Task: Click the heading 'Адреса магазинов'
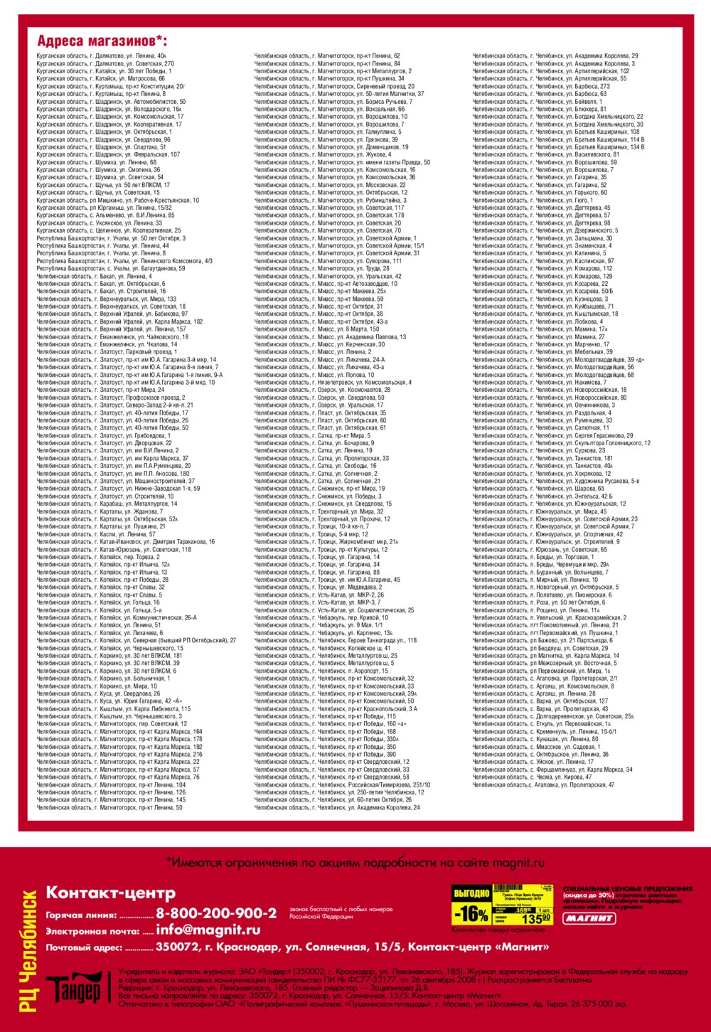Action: click(102, 41)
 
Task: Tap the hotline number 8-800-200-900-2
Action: click(216, 913)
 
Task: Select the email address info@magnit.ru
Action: click(208, 930)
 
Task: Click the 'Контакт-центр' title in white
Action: click(110, 893)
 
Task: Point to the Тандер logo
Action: click(73, 989)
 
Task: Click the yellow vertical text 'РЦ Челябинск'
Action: click(30, 949)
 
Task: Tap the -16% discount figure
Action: click(471, 913)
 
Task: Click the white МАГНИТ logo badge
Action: click(589, 917)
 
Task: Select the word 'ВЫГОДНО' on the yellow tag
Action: click(471, 893)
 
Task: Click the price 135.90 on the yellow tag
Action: click(537, 918)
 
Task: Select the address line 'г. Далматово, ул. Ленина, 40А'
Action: click(101, 55)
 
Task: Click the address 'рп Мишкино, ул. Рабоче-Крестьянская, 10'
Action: click(118, 201)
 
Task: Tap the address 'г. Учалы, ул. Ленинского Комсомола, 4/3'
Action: click(124, 261)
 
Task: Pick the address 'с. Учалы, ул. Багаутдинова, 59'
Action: click(111, 269)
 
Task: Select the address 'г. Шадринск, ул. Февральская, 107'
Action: click(108, 154)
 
